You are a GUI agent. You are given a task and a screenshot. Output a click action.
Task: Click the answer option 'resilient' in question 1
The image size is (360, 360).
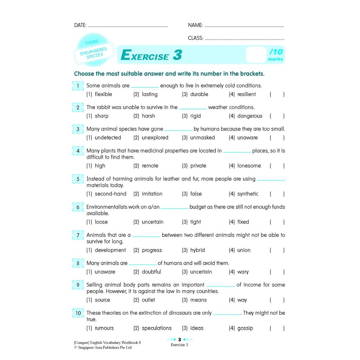tap(246, 94)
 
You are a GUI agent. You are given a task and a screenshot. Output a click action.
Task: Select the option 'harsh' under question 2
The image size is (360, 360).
tap(148, 116)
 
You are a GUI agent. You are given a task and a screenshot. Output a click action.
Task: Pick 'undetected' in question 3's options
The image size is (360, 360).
tap(108, 138)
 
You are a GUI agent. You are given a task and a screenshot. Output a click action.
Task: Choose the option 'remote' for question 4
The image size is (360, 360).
tap(150, 166)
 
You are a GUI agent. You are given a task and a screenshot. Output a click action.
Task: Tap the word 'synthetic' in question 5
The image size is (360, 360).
tap(247, 194)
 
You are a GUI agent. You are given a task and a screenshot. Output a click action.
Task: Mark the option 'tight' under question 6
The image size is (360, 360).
tap(195, 222)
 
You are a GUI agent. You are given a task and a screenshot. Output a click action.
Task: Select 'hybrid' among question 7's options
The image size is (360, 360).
tap(197, 250)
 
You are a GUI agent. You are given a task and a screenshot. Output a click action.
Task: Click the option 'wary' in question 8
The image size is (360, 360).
tap(243, 272)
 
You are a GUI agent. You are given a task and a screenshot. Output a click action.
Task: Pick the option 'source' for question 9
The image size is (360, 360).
tap(102, 300)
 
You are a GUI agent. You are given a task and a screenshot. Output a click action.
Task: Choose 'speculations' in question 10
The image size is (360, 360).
tap(156, 328)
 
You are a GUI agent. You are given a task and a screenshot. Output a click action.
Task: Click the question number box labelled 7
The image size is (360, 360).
tap(78, 235)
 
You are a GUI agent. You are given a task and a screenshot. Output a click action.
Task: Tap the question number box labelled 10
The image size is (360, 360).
tap(78, 313)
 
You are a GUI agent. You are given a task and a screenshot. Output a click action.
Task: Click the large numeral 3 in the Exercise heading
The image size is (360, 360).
tap(177, 55)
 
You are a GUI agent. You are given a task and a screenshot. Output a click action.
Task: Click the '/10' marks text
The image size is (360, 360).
tap(276, 52)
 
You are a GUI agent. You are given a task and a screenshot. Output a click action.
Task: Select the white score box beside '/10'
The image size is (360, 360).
tap(256, 55)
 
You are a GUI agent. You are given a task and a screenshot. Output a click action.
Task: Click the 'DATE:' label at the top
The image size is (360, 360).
tap(80, 25)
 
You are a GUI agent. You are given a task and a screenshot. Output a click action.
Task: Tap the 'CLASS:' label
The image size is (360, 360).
tap(195, 38)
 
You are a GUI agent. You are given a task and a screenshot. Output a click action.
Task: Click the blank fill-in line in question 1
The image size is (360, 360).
tap(145, 86)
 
